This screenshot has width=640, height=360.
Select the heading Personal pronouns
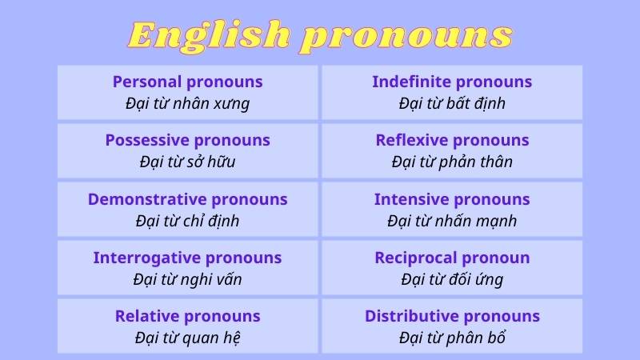[x=187, y=82]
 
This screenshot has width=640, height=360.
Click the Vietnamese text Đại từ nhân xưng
[x=187, y=103]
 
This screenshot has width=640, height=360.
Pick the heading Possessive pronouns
[x=187, y=140]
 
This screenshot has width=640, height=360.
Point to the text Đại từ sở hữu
[x=187, y=162]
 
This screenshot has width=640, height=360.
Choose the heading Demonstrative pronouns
[x=187, y=199]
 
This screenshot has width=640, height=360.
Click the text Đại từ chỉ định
[x=187, y=221]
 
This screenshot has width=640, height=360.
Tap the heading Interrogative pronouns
[x=187, y=258]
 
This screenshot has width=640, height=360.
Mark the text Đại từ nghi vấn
[x=187, y=279]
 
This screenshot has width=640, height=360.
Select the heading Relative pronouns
[x=187, y=316]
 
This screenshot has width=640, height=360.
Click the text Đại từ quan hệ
[x=187, y=338]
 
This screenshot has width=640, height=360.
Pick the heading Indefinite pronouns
[x=452, y=82]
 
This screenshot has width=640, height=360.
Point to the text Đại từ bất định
[x=452, y=103]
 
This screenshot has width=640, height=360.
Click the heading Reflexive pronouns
[x=452, y=140]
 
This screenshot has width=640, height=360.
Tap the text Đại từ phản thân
[x=452, y=162]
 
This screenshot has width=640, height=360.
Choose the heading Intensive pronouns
[x=452, y=199]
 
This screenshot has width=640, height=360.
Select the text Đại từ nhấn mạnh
[x=452, y=221]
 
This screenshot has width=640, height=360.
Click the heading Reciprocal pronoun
[x=452, y=258]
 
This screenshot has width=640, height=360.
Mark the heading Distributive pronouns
[x=452, y=316]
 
